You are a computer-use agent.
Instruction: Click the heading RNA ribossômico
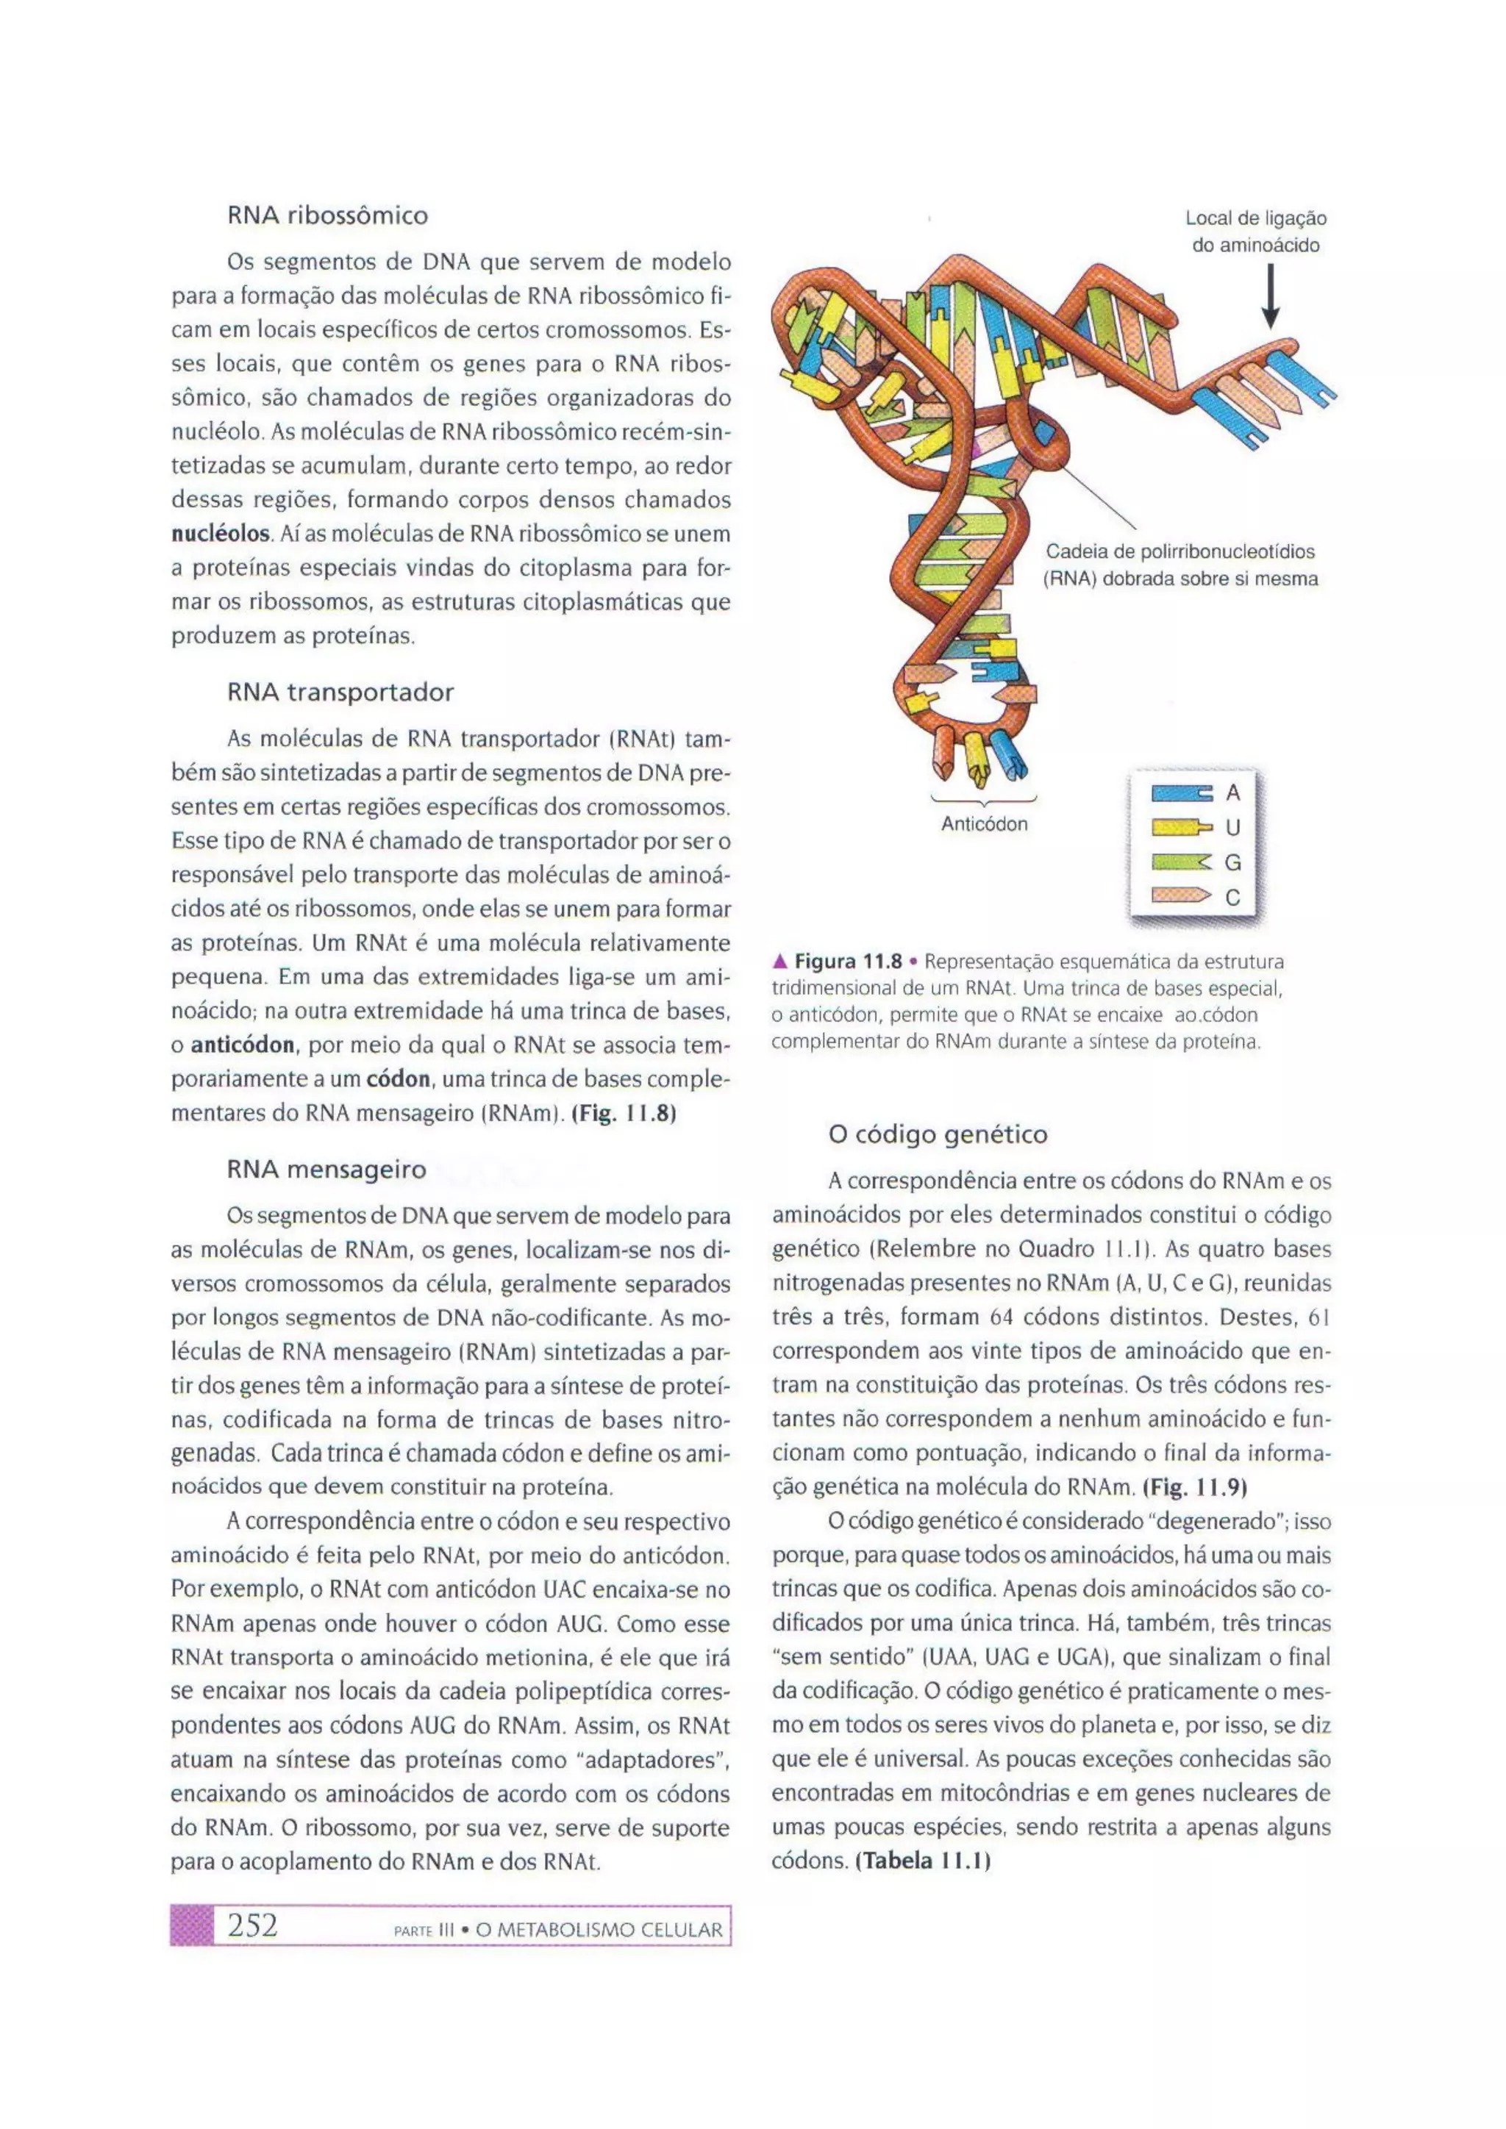(327, 216)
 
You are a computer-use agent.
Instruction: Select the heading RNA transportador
(340, 693)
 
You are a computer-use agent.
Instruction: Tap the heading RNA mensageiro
(326, 1170)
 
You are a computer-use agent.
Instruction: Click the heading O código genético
(938, 1134)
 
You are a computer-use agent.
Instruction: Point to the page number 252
(252, 1927)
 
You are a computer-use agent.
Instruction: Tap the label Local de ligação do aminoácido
(1256, 232)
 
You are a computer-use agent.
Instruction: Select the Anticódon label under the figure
(984, 824)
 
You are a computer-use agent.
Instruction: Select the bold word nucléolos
(221, 535)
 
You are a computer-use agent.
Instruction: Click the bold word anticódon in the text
(243, 1046)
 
